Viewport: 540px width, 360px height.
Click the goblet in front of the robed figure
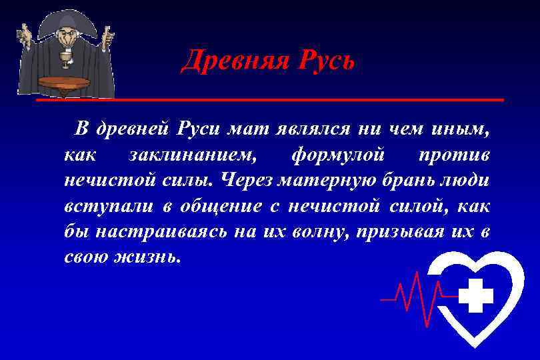66,61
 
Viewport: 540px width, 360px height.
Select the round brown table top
64,82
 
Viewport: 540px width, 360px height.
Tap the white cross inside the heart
476,295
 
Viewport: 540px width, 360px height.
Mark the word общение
215,206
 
